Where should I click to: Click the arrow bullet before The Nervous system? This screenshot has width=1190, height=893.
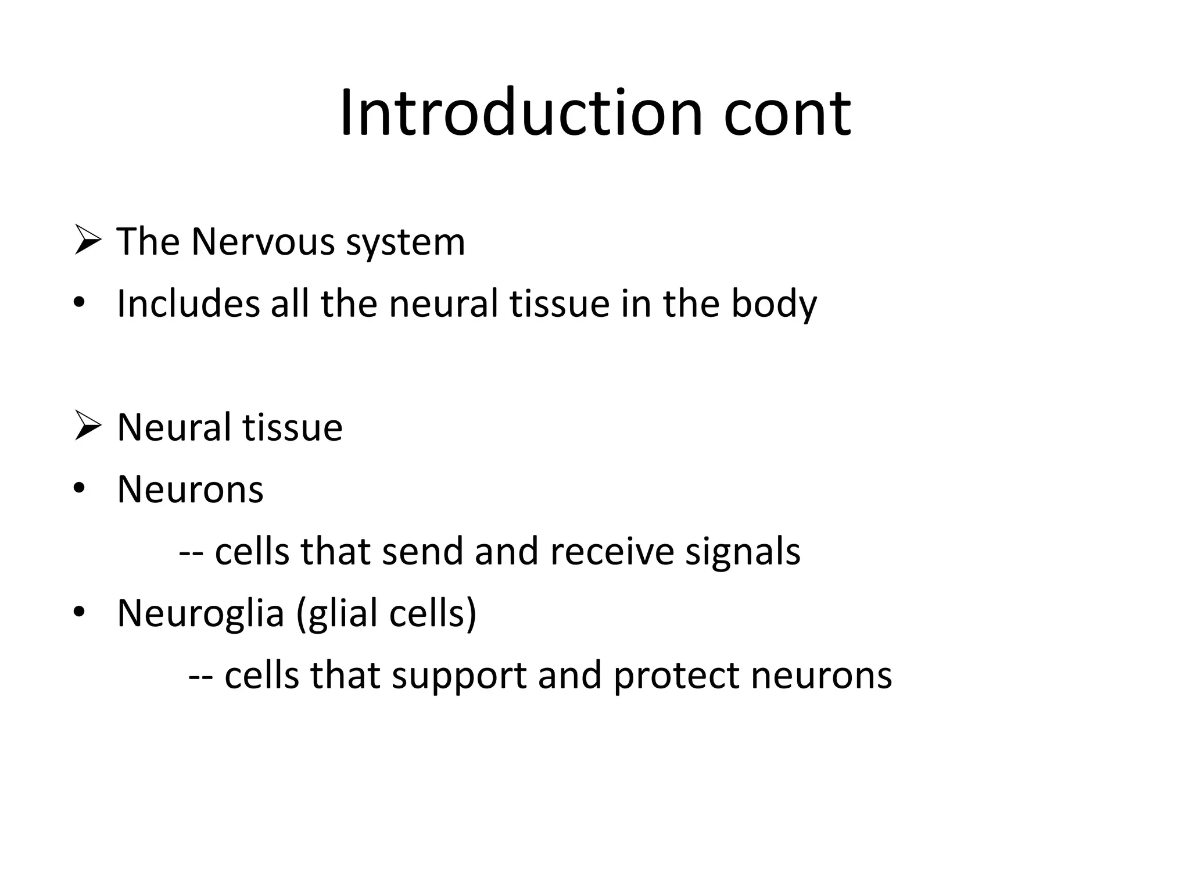pos(88,242)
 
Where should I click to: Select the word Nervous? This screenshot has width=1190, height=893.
pos(263,242)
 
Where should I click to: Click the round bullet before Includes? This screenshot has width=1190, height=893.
pos(80,303)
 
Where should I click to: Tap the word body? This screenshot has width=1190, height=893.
pos(773,305)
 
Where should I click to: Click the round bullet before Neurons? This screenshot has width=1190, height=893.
pos(80,490)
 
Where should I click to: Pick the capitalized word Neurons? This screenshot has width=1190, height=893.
pos(190,490)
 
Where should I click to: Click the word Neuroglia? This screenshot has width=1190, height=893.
pos(200,614)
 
